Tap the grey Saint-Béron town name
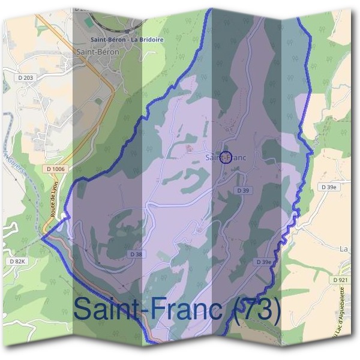(98, 52)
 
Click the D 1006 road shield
(55, 169)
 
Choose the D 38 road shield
(137, 254)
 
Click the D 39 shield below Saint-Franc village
(242, 190)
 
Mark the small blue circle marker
(226, 157)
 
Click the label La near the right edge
(344, 248)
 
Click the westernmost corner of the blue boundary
(42, 236)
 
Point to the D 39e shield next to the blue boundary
(264, 262)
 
